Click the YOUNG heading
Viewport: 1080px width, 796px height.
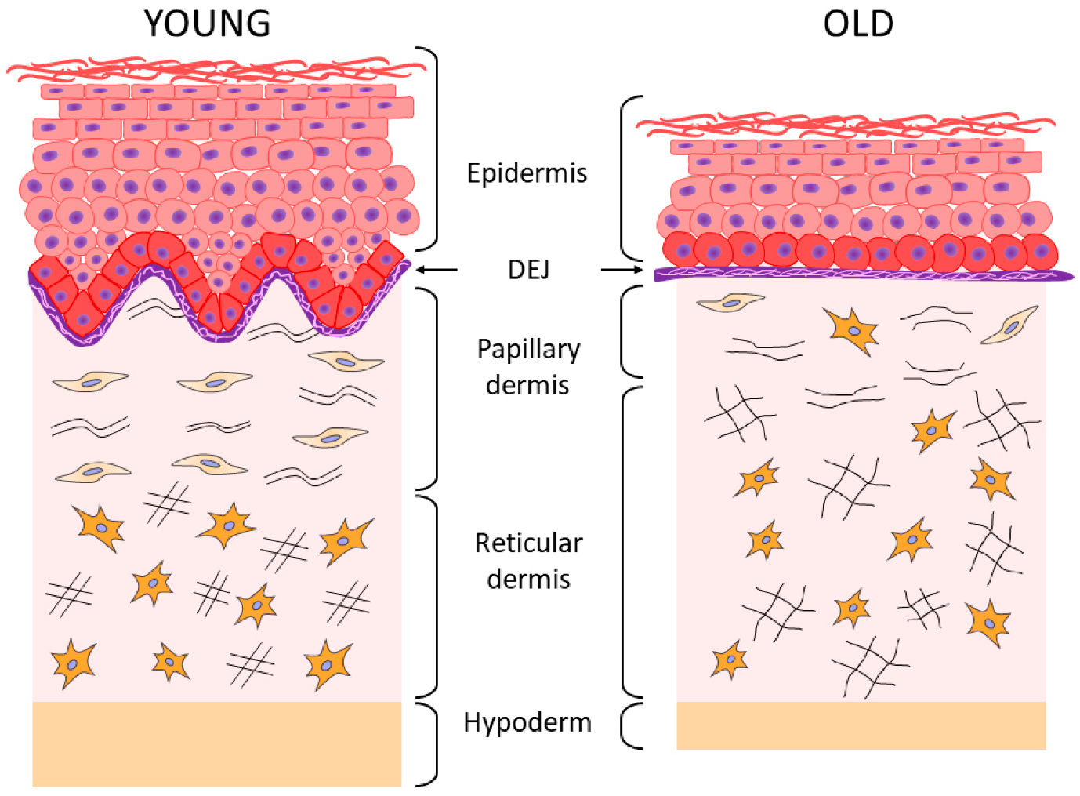tap(208, 24)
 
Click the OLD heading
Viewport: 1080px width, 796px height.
tap(857, 24)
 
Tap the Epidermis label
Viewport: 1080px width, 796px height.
tap(527, 173)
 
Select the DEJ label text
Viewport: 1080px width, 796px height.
tap(528, 270)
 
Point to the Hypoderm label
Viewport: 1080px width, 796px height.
tap(527, 722)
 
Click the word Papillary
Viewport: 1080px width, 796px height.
tap(529, 350)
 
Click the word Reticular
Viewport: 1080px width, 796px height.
tap(529, 543)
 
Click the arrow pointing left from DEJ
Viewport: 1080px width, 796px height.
tap(437, 270)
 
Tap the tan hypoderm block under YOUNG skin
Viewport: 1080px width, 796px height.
tap(216, 743)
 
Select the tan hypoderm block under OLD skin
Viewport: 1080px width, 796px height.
tap(861, 725)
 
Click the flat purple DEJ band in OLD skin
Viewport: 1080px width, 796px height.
tap(862, 274)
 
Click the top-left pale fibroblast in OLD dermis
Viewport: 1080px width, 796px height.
tap(730, 302)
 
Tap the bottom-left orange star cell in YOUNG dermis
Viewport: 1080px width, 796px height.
tap(74, 663)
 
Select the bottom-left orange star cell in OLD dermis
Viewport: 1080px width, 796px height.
tap(730, 660)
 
